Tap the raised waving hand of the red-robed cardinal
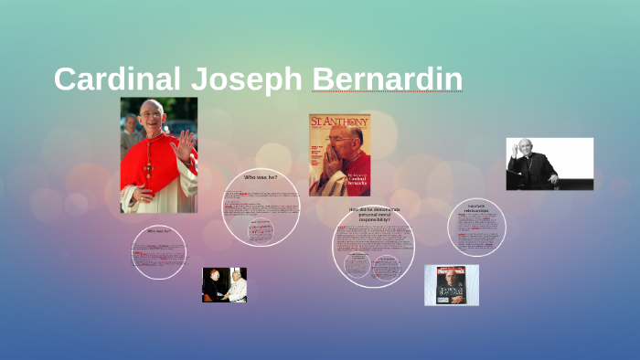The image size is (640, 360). pos(186,143)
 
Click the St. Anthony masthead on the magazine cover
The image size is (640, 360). pos(339,122)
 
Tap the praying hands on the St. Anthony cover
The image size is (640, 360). pos(331,164)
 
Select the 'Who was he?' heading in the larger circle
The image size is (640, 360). pos(261,176)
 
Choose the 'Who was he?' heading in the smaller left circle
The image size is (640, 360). pos(159,231)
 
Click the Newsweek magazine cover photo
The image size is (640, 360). pos(451,285)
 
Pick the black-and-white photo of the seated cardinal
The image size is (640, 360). pos(549,164)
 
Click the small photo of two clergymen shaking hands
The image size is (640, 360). pos(224,284)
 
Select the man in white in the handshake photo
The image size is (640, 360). pos(238,286)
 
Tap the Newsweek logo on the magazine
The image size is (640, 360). pos(451,271)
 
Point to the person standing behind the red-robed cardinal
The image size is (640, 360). pos(130,128)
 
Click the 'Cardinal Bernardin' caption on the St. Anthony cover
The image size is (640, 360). pos(352,181)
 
